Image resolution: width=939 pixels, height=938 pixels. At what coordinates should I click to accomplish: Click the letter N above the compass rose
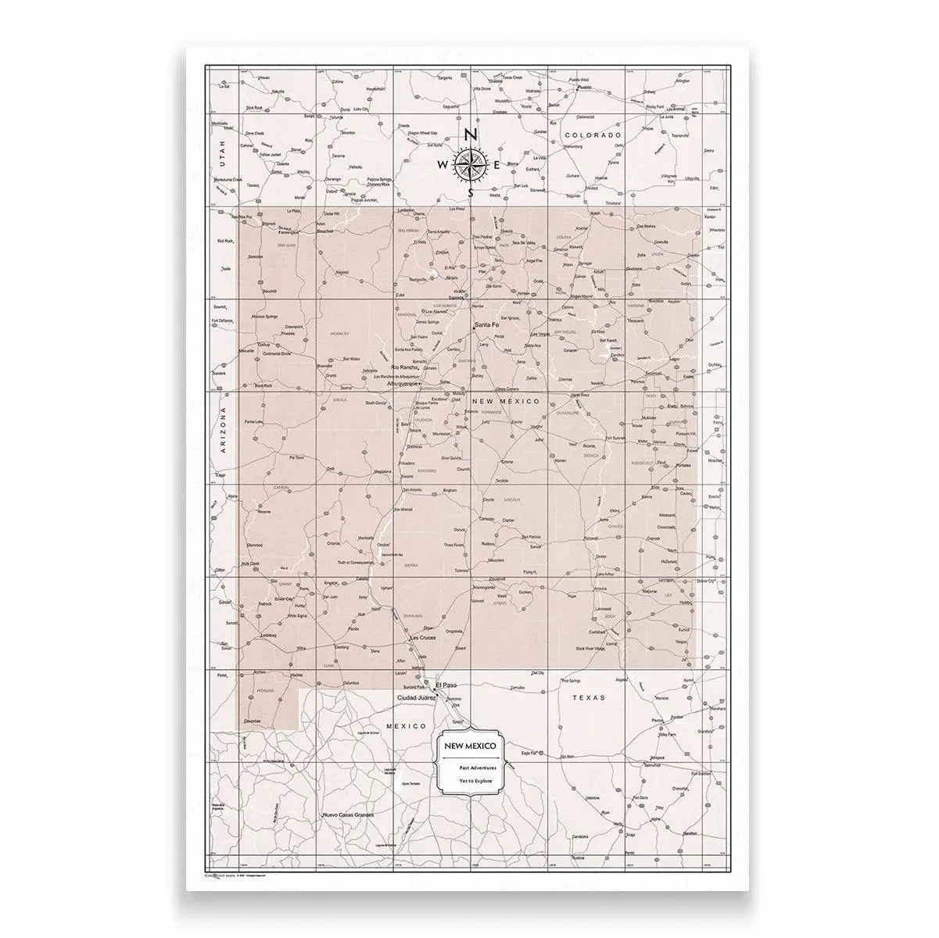click(x=470, y=134)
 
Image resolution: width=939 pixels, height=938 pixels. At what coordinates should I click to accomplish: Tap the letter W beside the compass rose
click(x=443, y=165)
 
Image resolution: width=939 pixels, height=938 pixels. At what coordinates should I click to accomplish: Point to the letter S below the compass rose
click(x=470, y=192)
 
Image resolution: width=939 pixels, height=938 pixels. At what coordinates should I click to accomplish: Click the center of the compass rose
click(x=470, y=163)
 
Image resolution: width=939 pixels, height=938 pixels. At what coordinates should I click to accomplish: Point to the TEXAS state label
click(x=589, y=696)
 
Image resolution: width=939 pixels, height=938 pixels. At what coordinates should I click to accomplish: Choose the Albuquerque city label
click(x=404, y=384)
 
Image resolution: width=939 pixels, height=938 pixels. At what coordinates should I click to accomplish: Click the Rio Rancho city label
click(x=404, y=367)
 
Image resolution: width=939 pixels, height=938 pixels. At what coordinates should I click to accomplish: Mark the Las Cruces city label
click(x=423, y=638)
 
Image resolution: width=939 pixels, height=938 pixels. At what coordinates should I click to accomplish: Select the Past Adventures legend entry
click(x=473, y=768)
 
